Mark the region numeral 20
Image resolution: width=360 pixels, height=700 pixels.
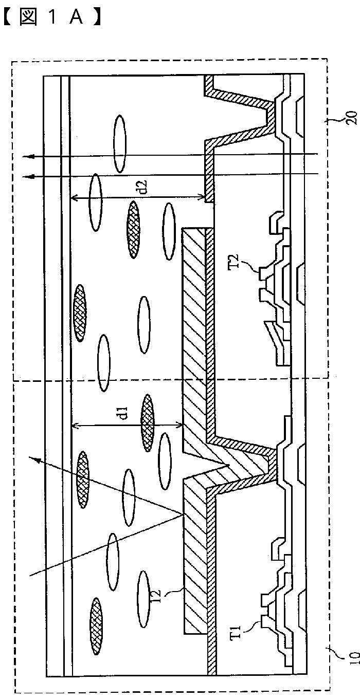[x=352, y=117]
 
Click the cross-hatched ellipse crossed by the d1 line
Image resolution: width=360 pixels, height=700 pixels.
[x=148, y=423]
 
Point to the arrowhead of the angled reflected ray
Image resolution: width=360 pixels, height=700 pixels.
[x=32, y=458]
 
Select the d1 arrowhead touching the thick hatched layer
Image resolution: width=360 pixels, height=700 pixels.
[x=181, y=425]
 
